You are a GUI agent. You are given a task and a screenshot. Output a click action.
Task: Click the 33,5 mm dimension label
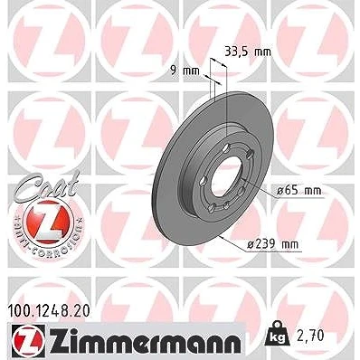tap(248, 52)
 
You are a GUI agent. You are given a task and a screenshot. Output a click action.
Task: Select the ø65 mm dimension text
tap(299, 191)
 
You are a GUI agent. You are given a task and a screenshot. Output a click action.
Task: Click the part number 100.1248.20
tap(48, 311)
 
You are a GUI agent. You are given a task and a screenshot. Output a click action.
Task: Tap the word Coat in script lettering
tap(46, 186)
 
